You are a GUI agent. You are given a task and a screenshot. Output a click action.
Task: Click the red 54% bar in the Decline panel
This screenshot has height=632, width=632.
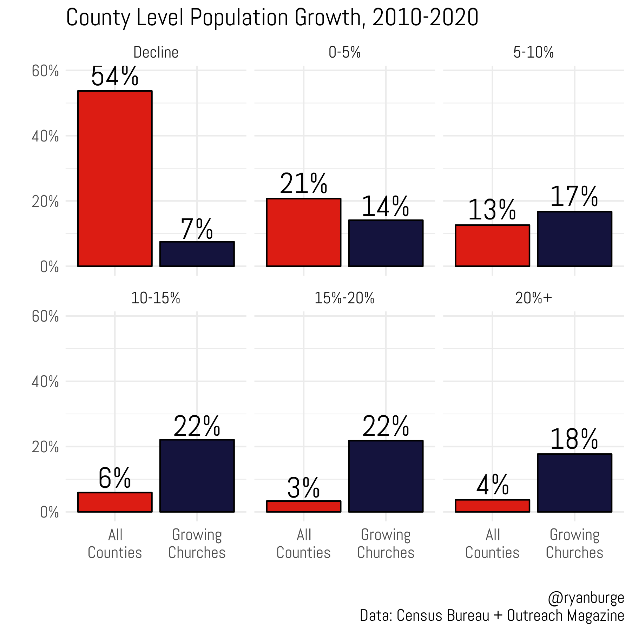(x=115, y=178)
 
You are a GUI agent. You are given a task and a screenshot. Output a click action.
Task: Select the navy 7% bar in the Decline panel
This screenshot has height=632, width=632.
(x=197, y=254)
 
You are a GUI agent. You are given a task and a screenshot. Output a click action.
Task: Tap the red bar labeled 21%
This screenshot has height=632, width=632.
(x=304, y=232)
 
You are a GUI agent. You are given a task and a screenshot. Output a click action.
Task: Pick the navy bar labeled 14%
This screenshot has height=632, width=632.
(x=386, y=243)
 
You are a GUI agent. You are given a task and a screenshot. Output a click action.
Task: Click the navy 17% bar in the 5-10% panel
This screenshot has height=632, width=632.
(x=574, y=239)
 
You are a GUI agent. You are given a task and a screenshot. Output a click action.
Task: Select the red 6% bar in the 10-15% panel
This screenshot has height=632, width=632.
(x=115, y=502)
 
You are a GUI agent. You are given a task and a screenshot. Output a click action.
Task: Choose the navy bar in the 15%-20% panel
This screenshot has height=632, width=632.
(x=386, y=476)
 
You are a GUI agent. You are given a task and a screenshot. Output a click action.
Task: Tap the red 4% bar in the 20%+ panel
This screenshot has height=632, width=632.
(x=492, y=506)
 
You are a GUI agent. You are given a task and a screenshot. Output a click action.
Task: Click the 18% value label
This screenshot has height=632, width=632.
(x=574, y=439)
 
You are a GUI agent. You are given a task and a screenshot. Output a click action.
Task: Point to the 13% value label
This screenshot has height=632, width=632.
(x=492, y=210)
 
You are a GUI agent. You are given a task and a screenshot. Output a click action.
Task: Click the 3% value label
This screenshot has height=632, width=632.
(x=303, y=488)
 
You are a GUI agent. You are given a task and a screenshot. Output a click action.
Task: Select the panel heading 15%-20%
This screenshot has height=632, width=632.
(x=344, y=298)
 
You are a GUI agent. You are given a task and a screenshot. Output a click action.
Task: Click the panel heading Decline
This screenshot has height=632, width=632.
(x=156, y=52)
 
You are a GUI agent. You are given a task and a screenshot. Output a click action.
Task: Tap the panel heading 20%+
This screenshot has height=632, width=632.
(x=533, y=298)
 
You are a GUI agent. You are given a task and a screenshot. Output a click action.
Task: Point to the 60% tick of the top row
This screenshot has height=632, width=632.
(x=45, y=71)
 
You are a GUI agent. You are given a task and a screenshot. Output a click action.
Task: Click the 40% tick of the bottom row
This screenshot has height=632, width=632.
(x=45, y=382)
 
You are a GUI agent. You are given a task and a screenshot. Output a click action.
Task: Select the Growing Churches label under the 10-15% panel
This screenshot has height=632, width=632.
(x=197, y=544)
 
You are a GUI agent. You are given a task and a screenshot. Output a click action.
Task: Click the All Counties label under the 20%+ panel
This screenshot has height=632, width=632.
(x=492, y=544)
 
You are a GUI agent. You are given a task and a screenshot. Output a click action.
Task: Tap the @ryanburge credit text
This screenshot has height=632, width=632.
(x=586, y=598)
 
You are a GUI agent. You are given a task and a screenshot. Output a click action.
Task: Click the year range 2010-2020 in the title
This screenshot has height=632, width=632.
(x=425, y=18)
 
